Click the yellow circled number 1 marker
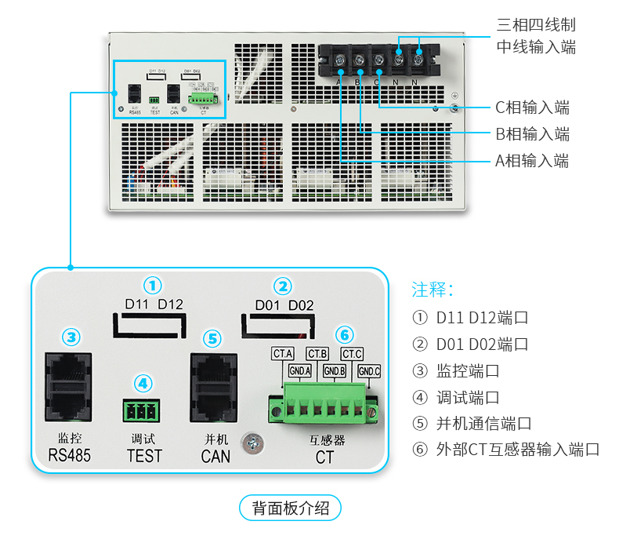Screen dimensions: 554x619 [153, 284]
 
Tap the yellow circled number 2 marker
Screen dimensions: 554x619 [284, 285]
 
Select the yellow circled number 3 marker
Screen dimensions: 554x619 [71, 337]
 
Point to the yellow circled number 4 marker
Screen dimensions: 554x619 [142, 383]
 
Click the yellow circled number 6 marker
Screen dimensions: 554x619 [344, 335]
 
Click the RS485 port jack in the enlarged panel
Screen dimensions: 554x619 [71, 388]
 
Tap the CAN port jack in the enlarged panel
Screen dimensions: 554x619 [213, 388]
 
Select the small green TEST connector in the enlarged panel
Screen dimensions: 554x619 [141, 410]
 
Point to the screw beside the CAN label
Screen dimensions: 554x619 [252, 444]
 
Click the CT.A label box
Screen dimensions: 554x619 [282, 354]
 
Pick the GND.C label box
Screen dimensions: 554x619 [369, 370]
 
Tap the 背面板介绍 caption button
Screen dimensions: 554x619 [290, 508]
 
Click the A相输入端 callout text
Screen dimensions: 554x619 [532, 161]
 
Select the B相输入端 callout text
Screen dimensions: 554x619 [532, 134]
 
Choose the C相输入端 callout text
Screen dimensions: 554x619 [532, 108]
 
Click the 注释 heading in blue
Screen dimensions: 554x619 [433, 290]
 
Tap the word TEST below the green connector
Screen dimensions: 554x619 [144, 455]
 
